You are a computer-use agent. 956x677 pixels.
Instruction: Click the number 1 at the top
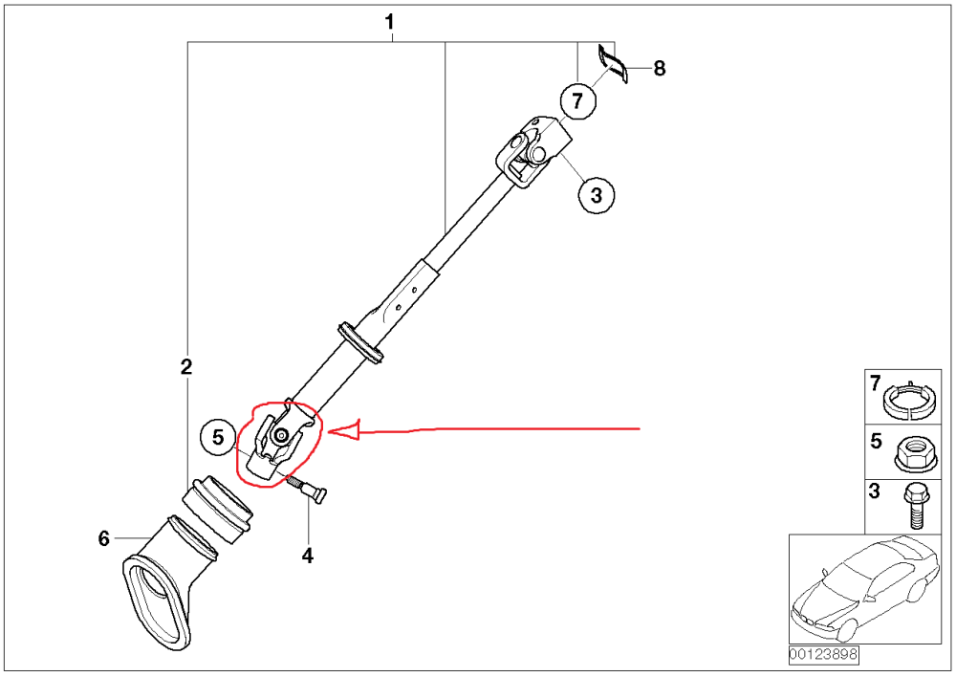389,23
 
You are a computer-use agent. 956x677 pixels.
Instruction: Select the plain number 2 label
186,366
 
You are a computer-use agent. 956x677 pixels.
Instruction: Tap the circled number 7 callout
577,100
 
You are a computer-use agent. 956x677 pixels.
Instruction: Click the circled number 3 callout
597,195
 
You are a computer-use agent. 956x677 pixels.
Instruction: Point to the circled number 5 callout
218,437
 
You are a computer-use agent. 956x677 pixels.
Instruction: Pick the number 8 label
659,68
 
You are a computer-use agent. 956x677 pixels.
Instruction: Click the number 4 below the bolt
307,556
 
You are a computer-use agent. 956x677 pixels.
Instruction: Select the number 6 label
103,538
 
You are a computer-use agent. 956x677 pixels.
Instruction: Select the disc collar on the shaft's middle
359,344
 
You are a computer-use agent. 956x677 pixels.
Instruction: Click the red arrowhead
344,430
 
